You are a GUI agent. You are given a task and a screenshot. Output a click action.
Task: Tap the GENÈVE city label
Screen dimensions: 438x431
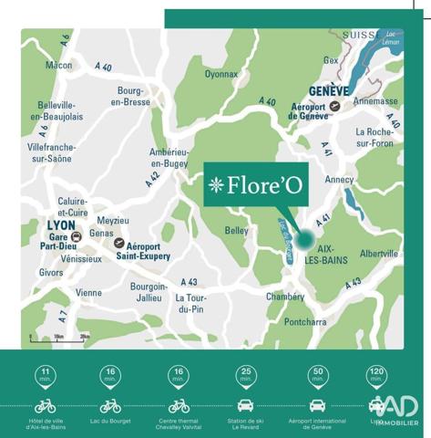[330, 92]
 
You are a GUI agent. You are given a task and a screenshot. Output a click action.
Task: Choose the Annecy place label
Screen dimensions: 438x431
[339, 179]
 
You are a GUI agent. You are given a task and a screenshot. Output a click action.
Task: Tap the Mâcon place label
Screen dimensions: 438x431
[58, 66]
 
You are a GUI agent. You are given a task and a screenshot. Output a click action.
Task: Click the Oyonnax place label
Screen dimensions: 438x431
[221, 74]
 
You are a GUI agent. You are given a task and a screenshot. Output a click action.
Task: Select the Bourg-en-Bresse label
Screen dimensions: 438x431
[130, 96]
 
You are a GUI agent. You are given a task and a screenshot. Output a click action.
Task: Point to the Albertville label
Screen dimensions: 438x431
[379, 254]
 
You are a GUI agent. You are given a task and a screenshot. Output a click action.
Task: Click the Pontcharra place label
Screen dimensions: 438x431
[304, 322]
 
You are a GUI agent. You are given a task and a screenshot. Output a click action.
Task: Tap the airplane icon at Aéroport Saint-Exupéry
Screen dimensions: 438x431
[118, 244]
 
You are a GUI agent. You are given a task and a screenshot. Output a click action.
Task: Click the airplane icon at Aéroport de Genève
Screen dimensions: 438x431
[335, 107]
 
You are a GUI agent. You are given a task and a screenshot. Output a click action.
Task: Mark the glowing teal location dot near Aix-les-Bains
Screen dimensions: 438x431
[303, 239]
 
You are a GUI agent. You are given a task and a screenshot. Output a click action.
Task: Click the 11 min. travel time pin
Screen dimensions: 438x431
[45, 374]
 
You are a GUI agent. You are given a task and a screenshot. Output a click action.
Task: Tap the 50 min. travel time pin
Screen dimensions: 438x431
[318, 374]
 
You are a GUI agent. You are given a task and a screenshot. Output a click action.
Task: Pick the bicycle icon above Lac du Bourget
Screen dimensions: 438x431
[111, 405]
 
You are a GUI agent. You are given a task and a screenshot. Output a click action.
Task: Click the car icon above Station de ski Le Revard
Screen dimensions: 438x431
[245, 405]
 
